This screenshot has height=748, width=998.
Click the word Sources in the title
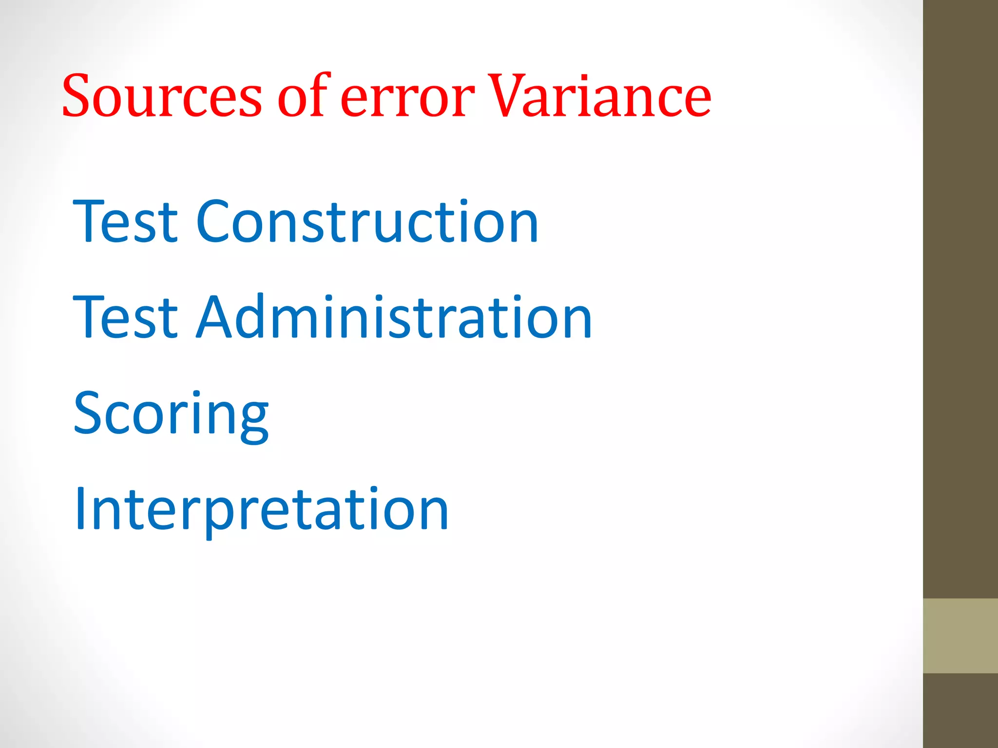[162, 96]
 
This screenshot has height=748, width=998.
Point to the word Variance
[599, 96]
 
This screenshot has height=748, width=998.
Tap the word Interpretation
[261, 510]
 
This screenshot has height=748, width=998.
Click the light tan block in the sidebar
[960, 636]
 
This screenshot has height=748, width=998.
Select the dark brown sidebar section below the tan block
[960, 711]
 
